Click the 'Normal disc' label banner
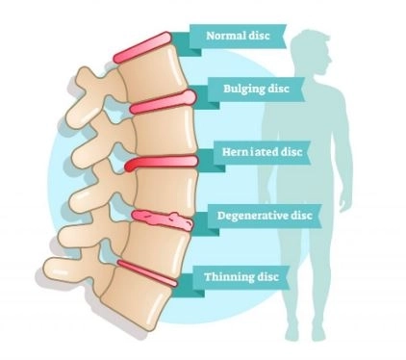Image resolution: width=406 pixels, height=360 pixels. [x=238, y=36]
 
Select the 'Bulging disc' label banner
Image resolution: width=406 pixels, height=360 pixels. [x=256, y=89]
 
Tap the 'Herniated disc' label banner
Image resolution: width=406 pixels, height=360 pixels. [x=262, y=152]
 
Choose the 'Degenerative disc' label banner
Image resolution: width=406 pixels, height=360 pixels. [x=265, y=216]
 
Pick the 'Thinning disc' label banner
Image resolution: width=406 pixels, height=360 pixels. [x=241, y=277]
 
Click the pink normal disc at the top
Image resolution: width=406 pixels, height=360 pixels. [x=142, y=47]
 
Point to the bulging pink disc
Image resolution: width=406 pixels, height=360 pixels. [x=163, y=103]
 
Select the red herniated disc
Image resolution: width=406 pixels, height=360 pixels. [x=161, y=163]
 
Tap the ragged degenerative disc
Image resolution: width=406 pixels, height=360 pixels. [x=163, y=219]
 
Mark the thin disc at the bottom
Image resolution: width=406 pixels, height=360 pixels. [x=147, y=273]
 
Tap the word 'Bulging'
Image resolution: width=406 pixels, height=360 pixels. [x=241, y=89]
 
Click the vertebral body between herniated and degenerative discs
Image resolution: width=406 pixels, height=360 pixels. [x=165, y=190]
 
